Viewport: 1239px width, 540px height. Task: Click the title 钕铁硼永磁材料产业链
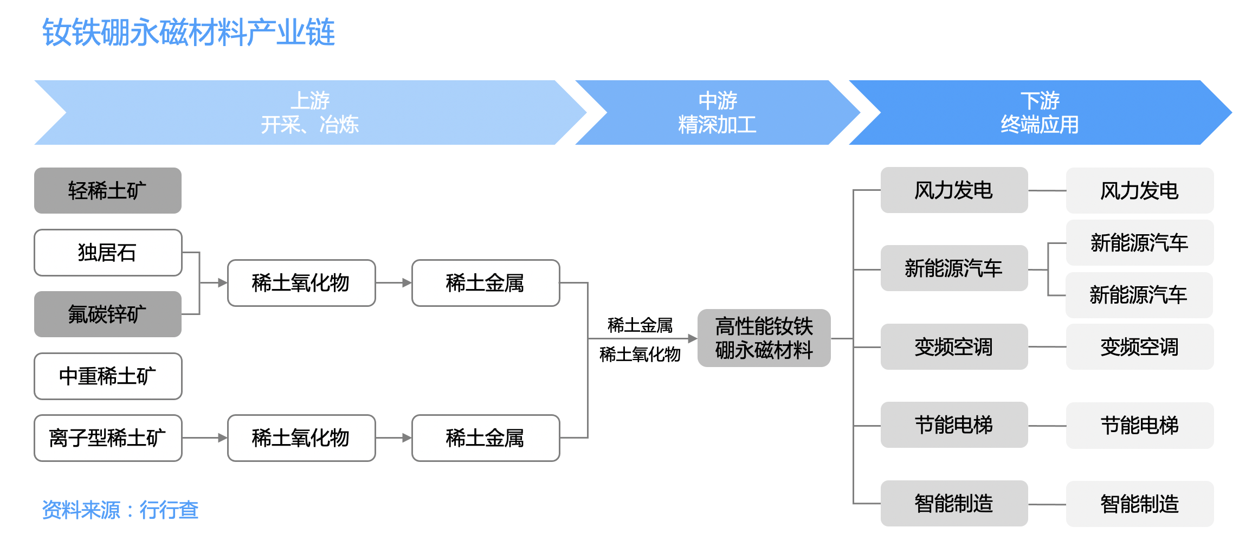189,33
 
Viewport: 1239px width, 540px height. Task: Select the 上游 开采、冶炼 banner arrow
309,113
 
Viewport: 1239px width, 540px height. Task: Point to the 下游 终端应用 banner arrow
1039,113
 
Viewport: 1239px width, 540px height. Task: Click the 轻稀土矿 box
108,191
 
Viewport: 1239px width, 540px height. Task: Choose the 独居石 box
108,253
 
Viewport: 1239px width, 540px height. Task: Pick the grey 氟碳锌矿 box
108,314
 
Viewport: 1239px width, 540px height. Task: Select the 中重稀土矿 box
108,376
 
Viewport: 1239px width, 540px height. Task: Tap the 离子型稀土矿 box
108,438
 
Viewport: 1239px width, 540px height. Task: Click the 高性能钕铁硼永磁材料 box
764,338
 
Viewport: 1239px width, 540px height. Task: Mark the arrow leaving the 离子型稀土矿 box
204,438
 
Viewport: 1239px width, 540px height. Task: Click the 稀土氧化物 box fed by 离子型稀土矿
301,438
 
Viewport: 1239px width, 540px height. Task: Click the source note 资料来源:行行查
120,510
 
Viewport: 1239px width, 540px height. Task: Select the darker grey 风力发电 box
954,190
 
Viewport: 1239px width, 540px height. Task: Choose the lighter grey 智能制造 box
1139,504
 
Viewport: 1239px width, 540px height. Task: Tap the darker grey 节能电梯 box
954,425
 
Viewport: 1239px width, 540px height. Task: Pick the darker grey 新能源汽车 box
954,268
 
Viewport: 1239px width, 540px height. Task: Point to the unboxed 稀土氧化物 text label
640,355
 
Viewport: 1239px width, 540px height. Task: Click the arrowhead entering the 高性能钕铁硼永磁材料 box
692,338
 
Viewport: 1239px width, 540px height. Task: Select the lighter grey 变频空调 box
1139,347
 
